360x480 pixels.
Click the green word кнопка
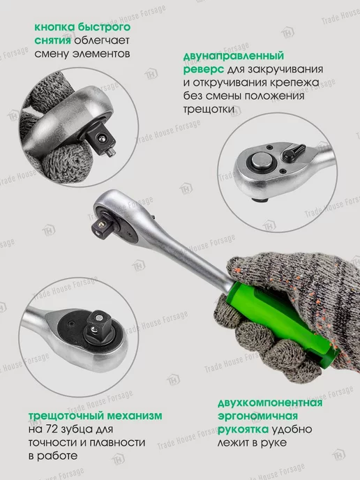click(x=54, y=27)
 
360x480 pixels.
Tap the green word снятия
click(x=52, y=40)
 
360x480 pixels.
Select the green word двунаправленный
click(x=234, y=57)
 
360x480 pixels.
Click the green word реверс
click(x=204, y=70)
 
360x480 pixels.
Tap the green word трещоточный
click(x=68, y=416)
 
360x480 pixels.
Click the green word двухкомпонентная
click(x=270, y=403)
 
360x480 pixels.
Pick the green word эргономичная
click(x=257, y=417)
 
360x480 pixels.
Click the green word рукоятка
click(x=243, y=430)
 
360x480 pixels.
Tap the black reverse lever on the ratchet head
click(x=293, y=152)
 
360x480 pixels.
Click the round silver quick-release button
click(x=262, y=160)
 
